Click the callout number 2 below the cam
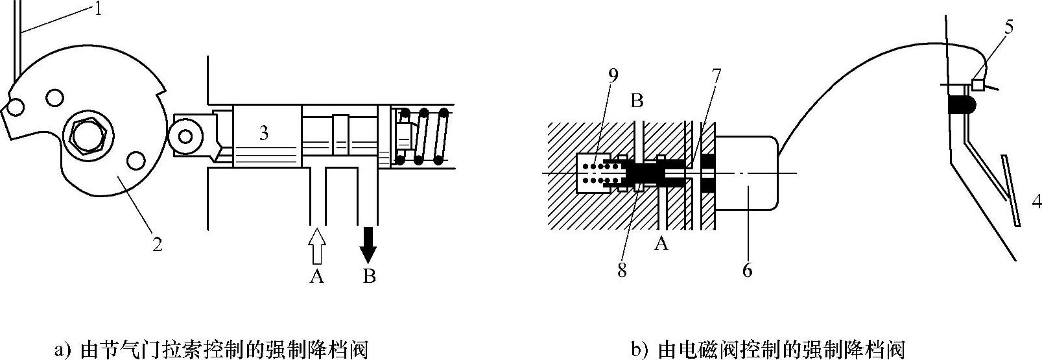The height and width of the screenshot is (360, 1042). click(156, 245)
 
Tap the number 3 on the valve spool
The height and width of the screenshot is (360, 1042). click(263, 134)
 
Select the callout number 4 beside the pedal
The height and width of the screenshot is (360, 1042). click(1036, 202)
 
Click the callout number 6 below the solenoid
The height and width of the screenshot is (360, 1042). click(747, 270)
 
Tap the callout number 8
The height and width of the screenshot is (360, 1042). click(622, 270)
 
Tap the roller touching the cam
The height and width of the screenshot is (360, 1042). click(187, 136)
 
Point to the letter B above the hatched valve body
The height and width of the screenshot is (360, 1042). click(637, 101)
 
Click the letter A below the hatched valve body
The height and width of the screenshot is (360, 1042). click(661, 244)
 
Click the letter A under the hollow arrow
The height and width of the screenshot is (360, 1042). click(316, 277)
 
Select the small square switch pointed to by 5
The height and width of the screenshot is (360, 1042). click(977, 84)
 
